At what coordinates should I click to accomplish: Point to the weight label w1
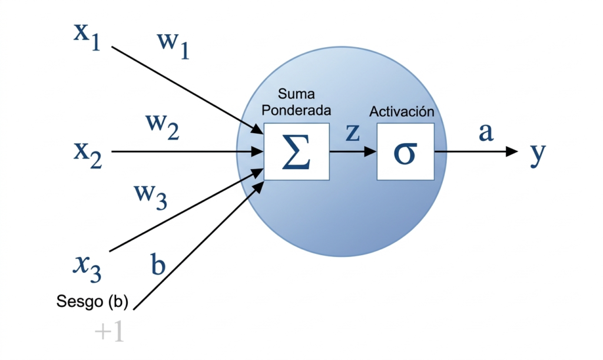[174, 45]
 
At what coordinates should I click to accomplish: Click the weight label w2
[163, 127]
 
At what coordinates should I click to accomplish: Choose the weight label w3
[151, 197]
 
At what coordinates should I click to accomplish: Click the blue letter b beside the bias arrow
[158, 264]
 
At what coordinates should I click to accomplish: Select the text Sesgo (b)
[92, 302]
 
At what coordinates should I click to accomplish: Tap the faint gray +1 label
[110, 331]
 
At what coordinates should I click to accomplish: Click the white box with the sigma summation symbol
[297, 151]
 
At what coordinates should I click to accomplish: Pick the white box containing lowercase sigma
[405, 151]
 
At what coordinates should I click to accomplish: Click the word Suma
[296, 94]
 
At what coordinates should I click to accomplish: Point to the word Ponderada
[296, 110]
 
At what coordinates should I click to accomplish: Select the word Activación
[402, 111]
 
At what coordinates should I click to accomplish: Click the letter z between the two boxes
[353, 133]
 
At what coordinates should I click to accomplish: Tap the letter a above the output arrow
[486, 133]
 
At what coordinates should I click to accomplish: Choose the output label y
[538, 154]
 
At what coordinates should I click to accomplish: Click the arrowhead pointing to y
[512, 151]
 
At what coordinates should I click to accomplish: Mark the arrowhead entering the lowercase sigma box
[370, 151]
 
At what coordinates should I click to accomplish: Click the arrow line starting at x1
[188, 90]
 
